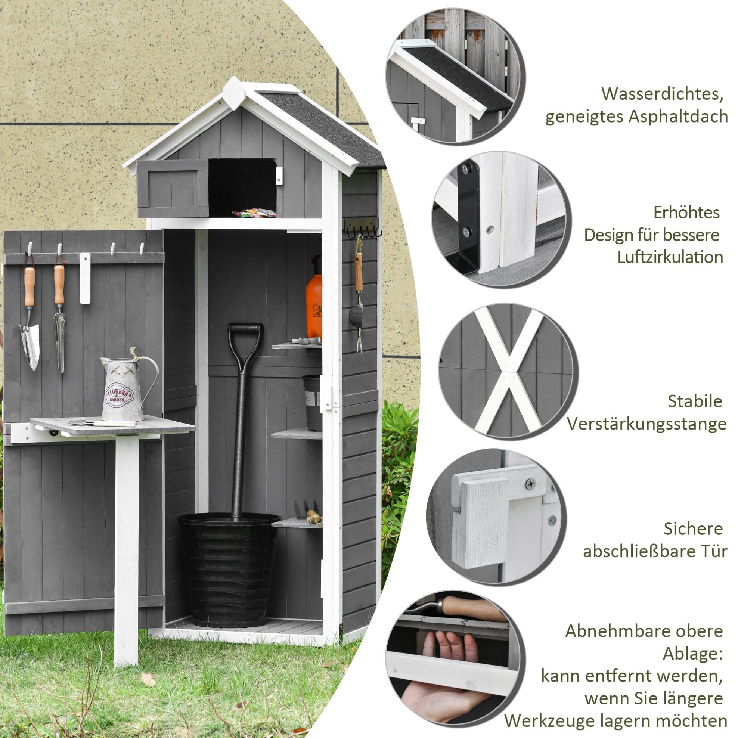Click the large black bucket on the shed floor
[229, 569]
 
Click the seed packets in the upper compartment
[254, 213]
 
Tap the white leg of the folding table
[127, 550]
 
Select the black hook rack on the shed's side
[363, 228]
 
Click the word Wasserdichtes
[662, 94]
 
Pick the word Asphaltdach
[678, 116]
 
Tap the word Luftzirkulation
[670, 257]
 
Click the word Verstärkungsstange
[646, 424]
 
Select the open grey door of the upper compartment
[173, 189]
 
